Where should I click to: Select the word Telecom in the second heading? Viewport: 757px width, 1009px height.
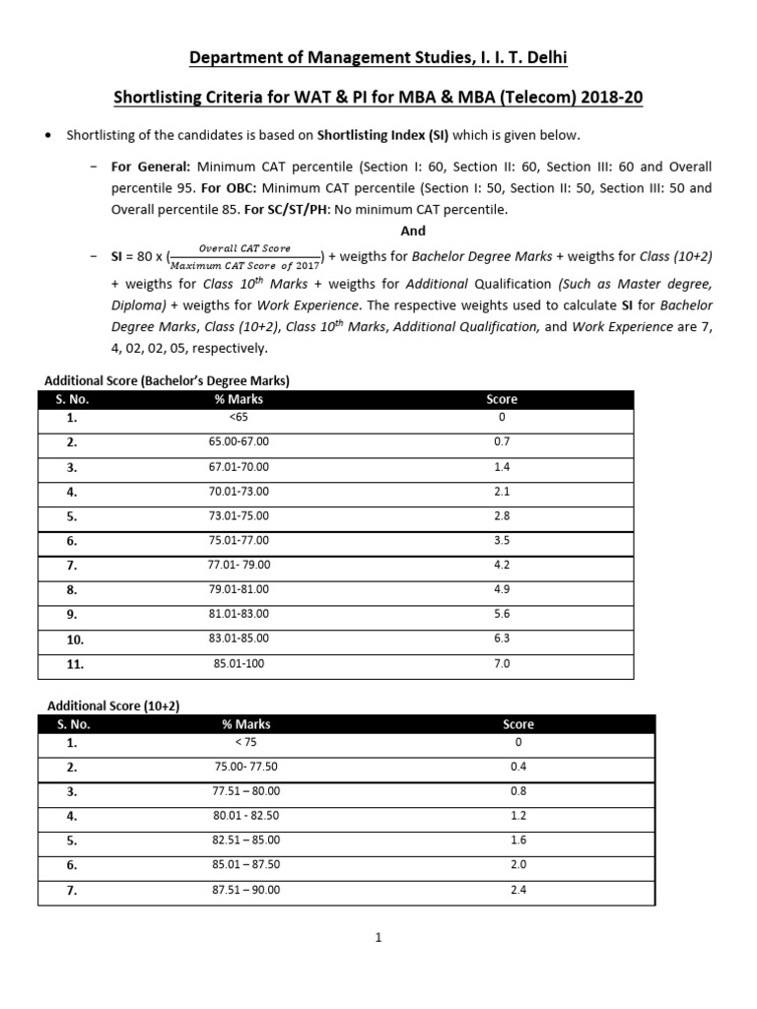[505, 99]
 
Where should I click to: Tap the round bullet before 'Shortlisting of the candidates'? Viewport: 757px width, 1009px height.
[49, 135]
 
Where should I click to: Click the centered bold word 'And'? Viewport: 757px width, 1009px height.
[413, 231]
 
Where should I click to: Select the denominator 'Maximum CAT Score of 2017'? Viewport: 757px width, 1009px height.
[245, 264]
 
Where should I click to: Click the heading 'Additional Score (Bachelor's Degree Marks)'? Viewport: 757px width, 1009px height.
[168, 379]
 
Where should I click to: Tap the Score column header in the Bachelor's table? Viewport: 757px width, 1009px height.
[502, 399]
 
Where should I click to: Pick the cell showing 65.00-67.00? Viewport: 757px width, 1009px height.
[239, 441]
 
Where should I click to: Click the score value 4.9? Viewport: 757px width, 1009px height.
[502, 589]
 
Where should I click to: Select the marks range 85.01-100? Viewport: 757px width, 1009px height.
[239, 664]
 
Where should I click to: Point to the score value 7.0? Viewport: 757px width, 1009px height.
[502, 664]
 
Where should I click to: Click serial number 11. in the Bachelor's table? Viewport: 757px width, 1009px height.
[75, 664]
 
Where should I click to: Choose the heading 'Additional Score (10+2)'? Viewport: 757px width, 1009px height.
[114, 706]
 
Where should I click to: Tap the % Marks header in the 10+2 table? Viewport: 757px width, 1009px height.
[246, 724]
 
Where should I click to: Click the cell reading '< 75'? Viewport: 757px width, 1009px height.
[246, 743]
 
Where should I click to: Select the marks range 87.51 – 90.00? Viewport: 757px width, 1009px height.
[246, 890]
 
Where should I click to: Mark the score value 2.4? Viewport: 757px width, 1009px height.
[518, 890]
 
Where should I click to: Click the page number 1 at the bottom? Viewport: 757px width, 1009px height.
[378, 938]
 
